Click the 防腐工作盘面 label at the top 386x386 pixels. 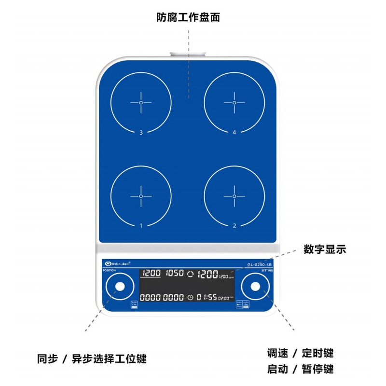(188, 18)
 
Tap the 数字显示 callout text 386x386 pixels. (325, 249)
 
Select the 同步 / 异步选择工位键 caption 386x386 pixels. (92, 359)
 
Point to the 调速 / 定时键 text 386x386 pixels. (300, 353)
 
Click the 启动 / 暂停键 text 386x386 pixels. (300, 370)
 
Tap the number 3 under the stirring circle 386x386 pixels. (141, 132)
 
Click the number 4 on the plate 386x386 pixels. (234, 132)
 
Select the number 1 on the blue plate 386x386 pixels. (141, 225)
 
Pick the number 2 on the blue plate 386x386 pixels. (234, 225)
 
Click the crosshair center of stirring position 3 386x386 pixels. (141, 103)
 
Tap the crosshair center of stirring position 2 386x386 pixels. (234, 196)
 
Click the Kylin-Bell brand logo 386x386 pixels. (118, 264)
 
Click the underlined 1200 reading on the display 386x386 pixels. (152, 274)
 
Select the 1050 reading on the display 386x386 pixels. (174, 274)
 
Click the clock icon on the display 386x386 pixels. (191, 297)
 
